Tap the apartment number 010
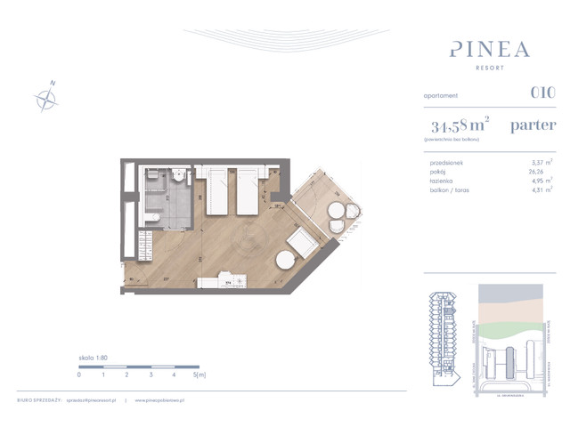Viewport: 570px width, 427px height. (x=542, y=93)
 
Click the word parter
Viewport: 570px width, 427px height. (x=534, y=125)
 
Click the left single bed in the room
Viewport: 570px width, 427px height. (x=218, y=190)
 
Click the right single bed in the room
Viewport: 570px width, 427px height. (x=247, y=190)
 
